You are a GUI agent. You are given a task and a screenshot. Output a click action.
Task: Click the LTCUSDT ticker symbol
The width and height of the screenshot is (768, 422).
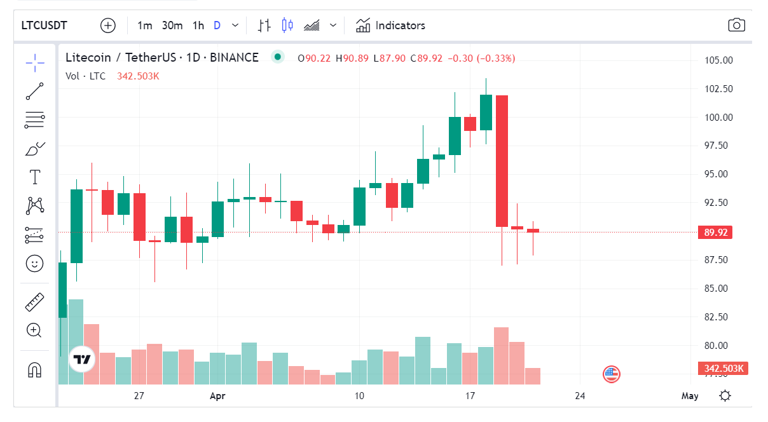tap(45, 25)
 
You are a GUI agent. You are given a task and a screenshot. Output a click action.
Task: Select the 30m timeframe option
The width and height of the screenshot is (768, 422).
tap(172, 25)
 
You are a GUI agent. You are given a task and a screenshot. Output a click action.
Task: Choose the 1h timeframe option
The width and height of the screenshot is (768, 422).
tap(198, 25)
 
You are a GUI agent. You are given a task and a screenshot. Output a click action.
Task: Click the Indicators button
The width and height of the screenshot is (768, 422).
tap(390, 25)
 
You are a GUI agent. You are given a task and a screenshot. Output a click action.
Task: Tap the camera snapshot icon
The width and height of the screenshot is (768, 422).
tap(736, 25)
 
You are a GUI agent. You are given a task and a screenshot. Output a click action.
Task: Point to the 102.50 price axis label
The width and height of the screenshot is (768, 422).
tap(718, 88)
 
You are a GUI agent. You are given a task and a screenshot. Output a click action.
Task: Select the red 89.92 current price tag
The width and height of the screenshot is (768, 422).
tap(715, 233)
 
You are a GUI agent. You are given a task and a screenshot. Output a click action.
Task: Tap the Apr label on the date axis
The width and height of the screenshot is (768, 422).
tap(217, 396)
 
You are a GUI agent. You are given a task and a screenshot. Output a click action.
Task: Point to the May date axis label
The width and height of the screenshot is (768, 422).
tap(690, 396)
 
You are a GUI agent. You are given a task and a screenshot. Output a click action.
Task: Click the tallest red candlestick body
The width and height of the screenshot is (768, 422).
tap(502, 161)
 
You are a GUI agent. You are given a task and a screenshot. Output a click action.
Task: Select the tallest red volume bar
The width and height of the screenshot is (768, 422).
tap(502, 355)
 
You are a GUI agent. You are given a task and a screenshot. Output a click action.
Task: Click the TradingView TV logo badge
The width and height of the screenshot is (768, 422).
tap(82, 359)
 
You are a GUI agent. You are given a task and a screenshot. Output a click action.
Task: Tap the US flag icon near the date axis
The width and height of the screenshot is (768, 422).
tap(611, 374)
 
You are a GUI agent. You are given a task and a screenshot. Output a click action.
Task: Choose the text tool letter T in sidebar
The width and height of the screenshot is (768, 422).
tap(35, 177)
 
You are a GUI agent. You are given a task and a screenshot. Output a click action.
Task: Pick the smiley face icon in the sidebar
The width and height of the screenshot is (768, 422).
tap(35, 263)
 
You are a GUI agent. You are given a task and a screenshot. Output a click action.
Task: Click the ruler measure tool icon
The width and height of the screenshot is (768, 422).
tap(35, 302)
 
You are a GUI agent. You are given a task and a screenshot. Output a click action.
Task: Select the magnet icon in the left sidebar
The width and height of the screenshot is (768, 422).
tap(35, 370)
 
